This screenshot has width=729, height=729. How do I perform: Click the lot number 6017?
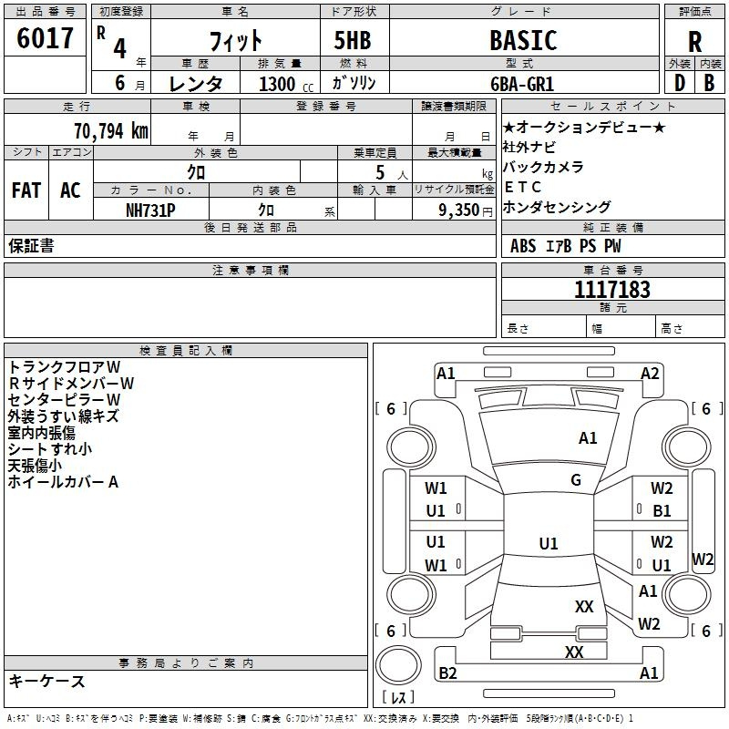pos(45,38)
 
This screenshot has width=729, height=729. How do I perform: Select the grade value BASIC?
pos(523,40)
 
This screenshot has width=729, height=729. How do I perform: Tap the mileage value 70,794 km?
pos(111,131)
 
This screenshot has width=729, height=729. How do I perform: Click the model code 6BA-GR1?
pos(522,84)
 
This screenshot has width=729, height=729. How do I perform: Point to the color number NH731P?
pos(150,210)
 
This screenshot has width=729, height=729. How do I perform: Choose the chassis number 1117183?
pos(612,289)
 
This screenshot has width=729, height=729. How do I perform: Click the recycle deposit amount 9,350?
pos(459,210)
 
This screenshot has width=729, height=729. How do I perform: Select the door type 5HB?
pos(353,40)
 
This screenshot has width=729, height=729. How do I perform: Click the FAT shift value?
pos(26,190)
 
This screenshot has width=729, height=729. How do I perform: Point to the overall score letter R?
pos(694,42)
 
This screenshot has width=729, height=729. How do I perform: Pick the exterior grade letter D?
pos(680,83)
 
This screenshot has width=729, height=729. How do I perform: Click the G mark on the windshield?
pos(576,479)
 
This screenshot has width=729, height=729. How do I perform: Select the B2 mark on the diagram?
pos(447,673)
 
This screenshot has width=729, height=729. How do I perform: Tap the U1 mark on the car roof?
pos(549,543)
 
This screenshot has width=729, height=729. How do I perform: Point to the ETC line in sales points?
pos(522,187)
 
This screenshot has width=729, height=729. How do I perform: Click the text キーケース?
pos(46,681)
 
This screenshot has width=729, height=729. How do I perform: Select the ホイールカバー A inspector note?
pos(63,482)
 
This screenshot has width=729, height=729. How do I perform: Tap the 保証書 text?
pos(31,246)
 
